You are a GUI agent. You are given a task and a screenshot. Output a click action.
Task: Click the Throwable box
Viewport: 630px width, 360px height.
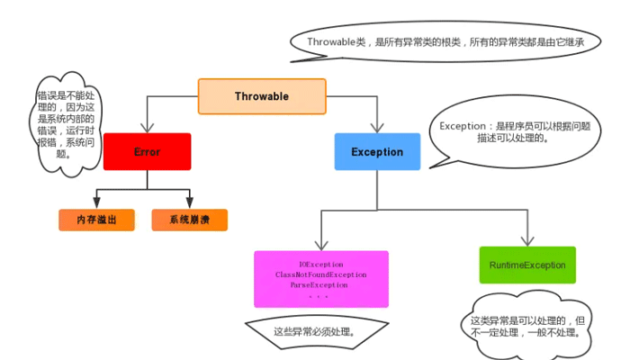[262, 96]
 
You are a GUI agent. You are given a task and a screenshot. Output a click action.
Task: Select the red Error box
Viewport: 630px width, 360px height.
[147, 151]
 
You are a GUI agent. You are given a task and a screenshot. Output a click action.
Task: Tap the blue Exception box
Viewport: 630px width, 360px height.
[377, 151]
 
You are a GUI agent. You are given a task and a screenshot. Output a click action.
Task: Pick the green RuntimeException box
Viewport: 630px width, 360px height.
[527, 265]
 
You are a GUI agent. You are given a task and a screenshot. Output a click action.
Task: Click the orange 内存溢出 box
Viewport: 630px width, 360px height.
[96, 220]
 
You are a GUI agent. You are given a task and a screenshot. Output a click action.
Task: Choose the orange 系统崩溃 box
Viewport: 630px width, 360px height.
[190, 220]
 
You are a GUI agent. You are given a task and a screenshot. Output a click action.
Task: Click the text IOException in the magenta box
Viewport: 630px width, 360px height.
[321, 265]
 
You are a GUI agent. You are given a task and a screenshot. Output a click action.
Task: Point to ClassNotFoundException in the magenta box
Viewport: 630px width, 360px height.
[321, 274]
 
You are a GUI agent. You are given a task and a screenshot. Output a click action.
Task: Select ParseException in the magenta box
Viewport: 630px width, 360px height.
[319, 285]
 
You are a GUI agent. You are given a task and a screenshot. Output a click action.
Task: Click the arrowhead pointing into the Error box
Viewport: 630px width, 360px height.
[147, 128]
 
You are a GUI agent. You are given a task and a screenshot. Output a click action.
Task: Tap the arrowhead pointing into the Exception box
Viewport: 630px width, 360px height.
[377, 128]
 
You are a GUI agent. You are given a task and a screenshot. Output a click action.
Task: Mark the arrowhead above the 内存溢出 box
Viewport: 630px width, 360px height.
[96, 202]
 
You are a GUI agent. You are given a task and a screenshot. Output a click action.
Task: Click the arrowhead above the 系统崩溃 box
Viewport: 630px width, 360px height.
[190, 202]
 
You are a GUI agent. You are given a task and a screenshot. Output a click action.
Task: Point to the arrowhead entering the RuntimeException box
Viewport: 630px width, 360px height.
[527, 241]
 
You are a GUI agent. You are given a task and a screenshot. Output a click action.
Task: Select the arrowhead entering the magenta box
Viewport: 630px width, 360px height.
[321, 246]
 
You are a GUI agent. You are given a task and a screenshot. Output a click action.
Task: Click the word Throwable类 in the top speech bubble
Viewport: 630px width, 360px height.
[337, 41]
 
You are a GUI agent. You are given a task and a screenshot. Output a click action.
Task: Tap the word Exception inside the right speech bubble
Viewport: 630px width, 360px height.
[463, 126]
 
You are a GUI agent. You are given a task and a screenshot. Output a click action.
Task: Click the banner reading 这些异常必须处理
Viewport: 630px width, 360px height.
[317, 333]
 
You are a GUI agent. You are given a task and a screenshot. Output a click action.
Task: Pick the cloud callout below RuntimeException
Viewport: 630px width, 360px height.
[527, 326]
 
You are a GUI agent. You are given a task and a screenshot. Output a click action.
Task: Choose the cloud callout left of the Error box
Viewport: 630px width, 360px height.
[66, 124]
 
